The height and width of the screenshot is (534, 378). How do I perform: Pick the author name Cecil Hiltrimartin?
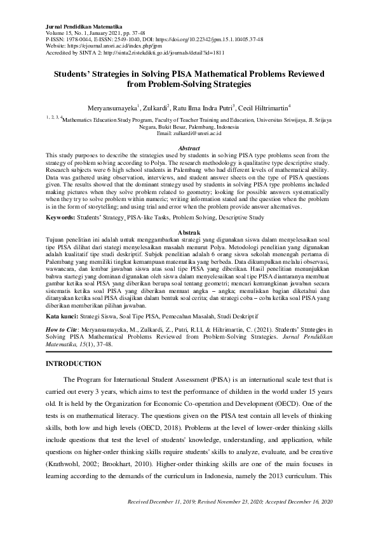tap(261, 108)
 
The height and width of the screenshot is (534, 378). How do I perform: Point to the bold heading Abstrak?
tap(189, 233)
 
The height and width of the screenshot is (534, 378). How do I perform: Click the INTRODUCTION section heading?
tap(80, 363)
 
